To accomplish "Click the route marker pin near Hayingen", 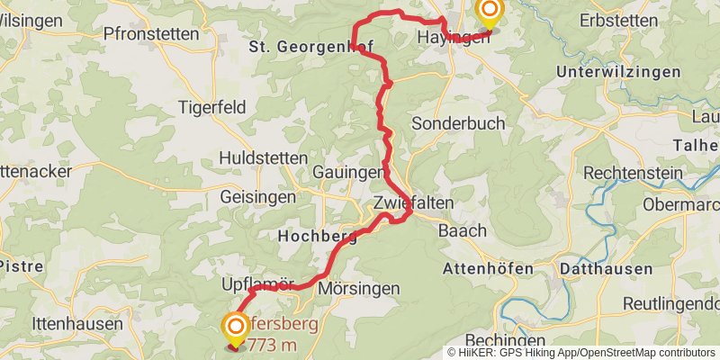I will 490,12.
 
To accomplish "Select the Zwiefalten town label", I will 409,203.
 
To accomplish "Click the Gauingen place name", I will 349,172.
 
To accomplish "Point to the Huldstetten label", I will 263,158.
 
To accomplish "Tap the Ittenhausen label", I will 76,321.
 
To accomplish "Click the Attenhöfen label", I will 487,268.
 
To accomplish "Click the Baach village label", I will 462,230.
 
